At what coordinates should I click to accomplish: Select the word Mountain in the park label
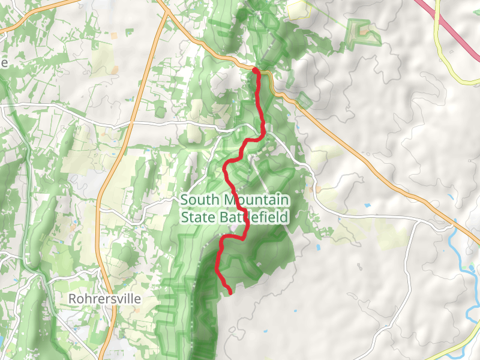click(257, 200)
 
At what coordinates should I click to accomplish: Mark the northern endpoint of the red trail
click(255, 71)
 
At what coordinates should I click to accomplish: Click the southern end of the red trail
click(230, 293)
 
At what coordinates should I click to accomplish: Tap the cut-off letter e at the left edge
click(3, 63)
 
